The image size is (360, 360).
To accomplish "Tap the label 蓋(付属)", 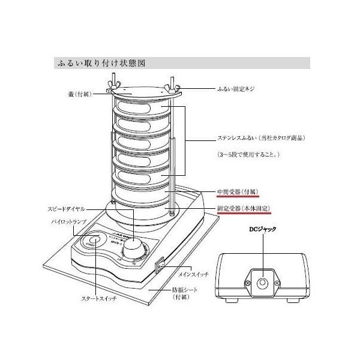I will point(79,94).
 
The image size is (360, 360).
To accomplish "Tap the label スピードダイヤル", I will point(64,209).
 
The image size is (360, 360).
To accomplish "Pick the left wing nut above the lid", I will point(113,85).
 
